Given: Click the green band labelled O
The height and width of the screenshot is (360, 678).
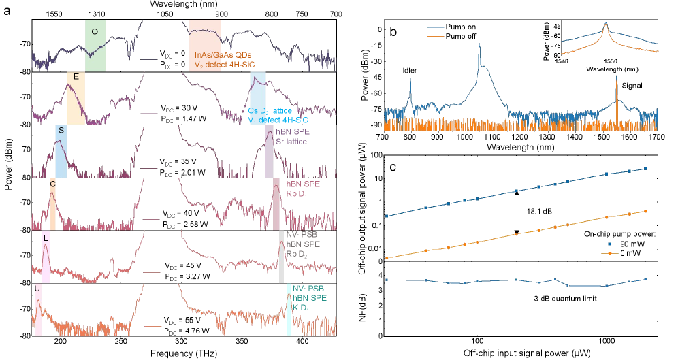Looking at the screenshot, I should click(x=95, y=31).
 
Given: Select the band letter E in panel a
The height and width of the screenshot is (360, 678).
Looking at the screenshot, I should click(x=76, y=77).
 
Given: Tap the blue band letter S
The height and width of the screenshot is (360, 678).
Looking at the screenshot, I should click(x=61, y=130).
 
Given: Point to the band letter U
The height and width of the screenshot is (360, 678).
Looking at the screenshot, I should click(x=37, y=289).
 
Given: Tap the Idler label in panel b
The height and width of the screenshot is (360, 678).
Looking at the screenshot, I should click(x=410, y=69).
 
